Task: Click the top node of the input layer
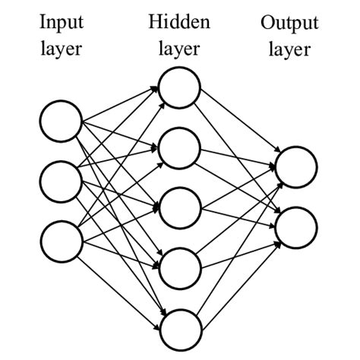point(61,123)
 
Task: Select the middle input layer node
point(61,182)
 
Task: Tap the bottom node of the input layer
point(61,240)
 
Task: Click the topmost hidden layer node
point(180,88)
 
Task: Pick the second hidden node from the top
point(180,148)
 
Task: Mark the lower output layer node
point(296,227)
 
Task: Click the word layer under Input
point(61,50)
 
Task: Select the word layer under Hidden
point(179,50)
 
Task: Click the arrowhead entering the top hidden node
point(156,90)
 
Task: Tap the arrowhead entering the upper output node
point(274,163)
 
